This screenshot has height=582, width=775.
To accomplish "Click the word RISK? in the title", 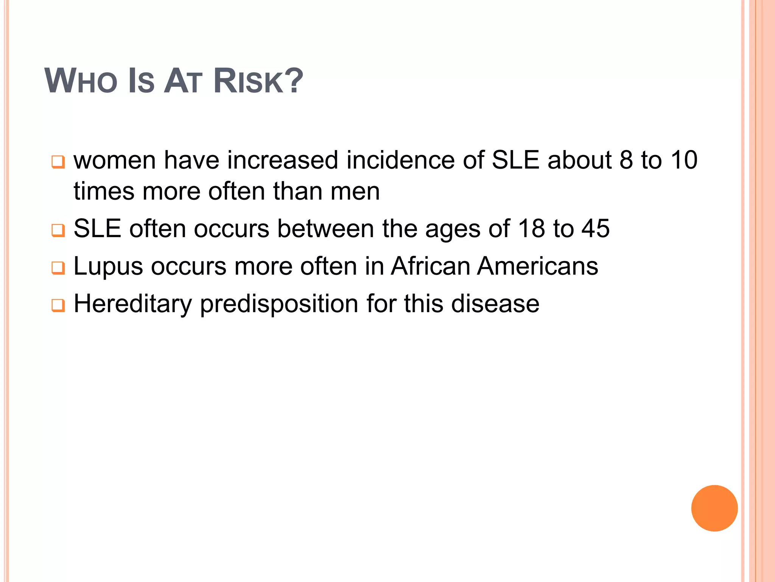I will click(x=258, y=81).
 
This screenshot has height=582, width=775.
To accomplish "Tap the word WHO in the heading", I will click(x=81, y=81).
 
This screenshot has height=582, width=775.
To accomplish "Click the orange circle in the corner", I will click(x=714, y=508).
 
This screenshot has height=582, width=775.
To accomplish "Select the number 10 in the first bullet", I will click(x=684, y=160).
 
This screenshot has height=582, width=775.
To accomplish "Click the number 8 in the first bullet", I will click(x=626, y=160).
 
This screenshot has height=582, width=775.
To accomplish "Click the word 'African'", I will click(x=430, y=266).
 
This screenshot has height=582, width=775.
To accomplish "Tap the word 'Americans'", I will click(x=537, y=266).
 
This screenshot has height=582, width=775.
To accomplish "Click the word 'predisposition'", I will click(x=279, y=304).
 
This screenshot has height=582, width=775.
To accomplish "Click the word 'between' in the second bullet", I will click(x=325, y=228).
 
